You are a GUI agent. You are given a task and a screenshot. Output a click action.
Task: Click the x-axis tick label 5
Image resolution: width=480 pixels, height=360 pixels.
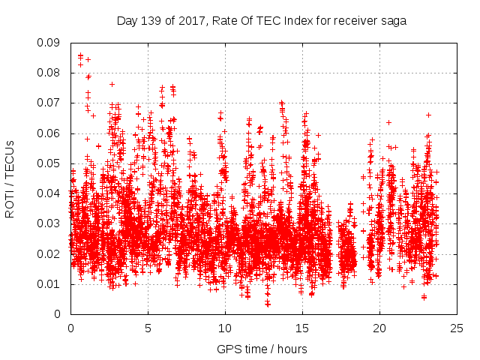pyautogui.click(x=148, y=328)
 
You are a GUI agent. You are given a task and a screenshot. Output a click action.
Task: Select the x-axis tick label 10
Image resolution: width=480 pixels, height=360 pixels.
pyautogui.click(x=225, y=328)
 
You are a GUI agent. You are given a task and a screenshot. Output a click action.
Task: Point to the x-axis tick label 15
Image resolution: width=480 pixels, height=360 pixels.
pyautogui.click(x=302, y=328)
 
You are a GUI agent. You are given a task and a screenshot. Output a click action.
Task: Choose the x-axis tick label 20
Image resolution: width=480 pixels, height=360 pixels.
pyautogui.click(x=379, y=328)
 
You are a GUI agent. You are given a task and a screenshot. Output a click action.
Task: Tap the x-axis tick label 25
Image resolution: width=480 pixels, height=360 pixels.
pyautogui.click(x=457, y=328)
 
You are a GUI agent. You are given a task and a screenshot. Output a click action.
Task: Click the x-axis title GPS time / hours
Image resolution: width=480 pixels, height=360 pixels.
pyautogui.click(x=262, y=349)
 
